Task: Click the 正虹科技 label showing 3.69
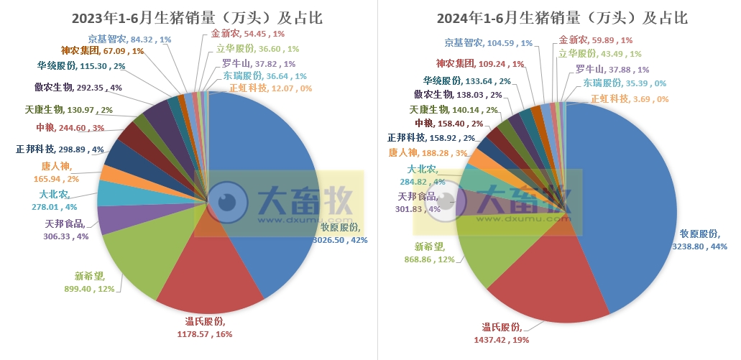tap(629, 99)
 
